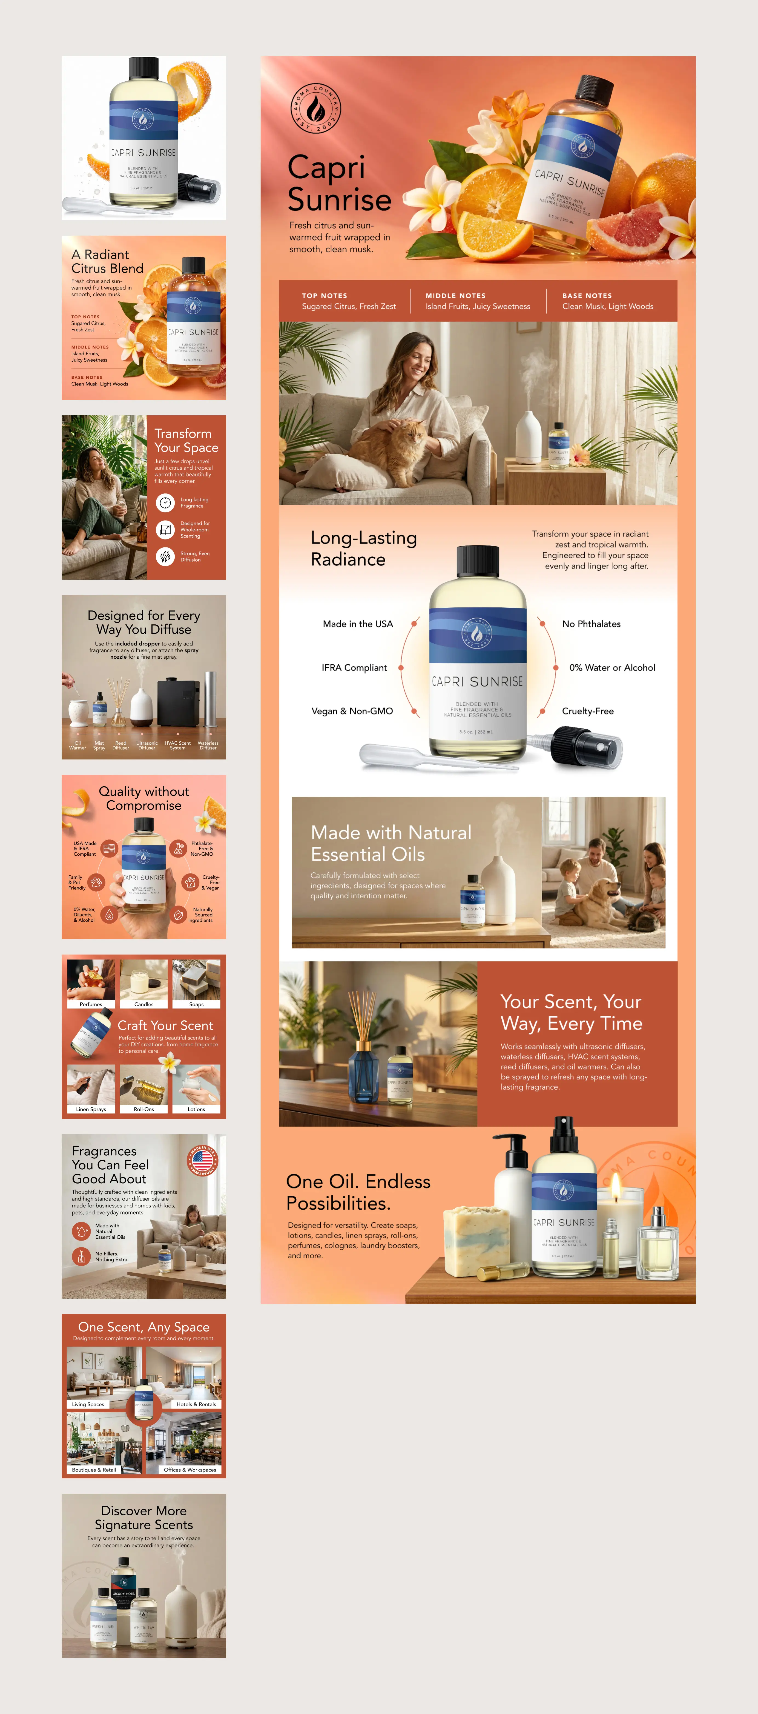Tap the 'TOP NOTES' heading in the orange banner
click(325, 295)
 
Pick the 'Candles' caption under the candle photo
click(143, 1004)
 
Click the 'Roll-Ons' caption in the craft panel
click(143, 1109)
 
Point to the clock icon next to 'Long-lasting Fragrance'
click(165, 503)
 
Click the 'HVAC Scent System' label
click(177, 745)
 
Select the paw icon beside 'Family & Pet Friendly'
click(96, 882)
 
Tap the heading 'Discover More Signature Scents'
click(143, 1518)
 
